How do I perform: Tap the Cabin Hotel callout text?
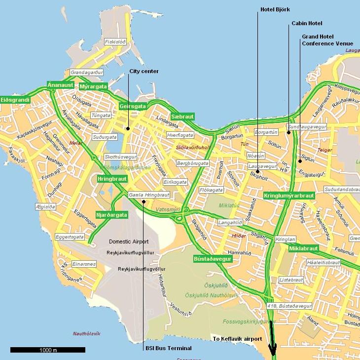[x=306, y=23]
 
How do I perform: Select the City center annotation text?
[x=144, y=71]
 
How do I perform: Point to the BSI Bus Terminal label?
[x=168, y=348]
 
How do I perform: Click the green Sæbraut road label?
[x=182, y=116]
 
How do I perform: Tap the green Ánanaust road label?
[x=61, y=85]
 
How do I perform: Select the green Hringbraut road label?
[x=112, y=179]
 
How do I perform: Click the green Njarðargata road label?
[x=112, y=215]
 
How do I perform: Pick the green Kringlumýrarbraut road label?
[x=289, y=196]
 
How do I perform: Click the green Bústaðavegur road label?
[x=213, y=258]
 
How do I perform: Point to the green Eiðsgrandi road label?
[x=15, y=100]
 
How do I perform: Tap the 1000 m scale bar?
[x=48, y=350]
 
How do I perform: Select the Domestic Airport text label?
[x=129, y=241]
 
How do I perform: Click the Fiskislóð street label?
[x=115, y=42]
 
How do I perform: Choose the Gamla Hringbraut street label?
[x=149, y=195]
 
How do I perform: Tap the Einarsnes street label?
[x=83, y=264]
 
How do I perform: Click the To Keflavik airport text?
[x=237, y=339]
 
